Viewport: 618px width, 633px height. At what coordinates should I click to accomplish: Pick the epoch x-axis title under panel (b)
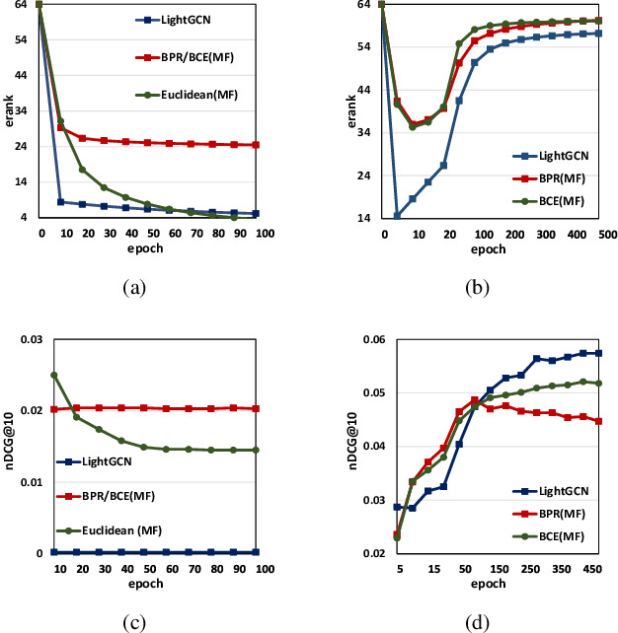click(489, 249)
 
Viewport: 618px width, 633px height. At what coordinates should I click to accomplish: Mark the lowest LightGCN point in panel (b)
click(397, 215)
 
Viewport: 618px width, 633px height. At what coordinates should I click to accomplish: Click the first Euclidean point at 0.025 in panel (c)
click(54, 375)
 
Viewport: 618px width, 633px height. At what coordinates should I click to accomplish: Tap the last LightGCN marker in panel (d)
click(598, 353)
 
